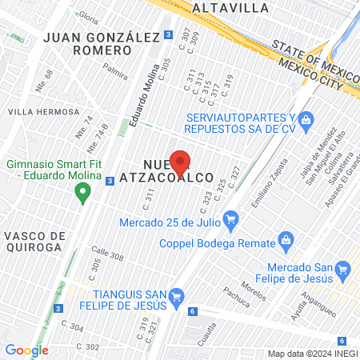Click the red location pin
pos(181,163)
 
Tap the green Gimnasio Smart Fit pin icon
pos(82,192)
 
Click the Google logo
pos(26,350)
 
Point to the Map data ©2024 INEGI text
pos(312,354)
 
